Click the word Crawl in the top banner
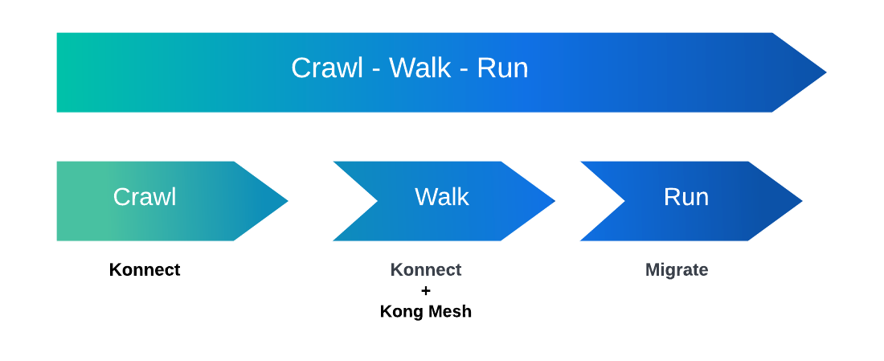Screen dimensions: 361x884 coord(327,68)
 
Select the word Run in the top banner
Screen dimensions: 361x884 coord(503,68)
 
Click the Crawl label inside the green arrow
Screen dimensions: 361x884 coord(145,197)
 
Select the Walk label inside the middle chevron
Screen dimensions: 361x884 coord(442,197)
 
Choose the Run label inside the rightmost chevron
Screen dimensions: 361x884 coord(686,197)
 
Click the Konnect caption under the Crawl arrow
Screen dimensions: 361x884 coord(145,270)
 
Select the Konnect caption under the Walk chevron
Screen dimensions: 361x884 coord(426,270)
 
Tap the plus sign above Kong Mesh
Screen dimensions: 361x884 coord(426,291)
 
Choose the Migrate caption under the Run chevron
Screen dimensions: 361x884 coord(677,270)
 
